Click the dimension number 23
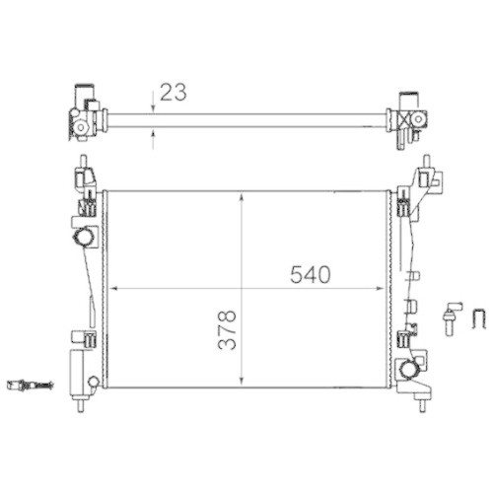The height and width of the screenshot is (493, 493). (174, 92)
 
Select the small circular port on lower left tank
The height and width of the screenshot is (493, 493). (93, 382)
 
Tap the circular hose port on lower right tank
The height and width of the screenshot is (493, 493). (409, 370)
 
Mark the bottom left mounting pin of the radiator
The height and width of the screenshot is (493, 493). (81, 403)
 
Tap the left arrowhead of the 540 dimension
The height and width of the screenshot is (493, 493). (111, 288)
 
